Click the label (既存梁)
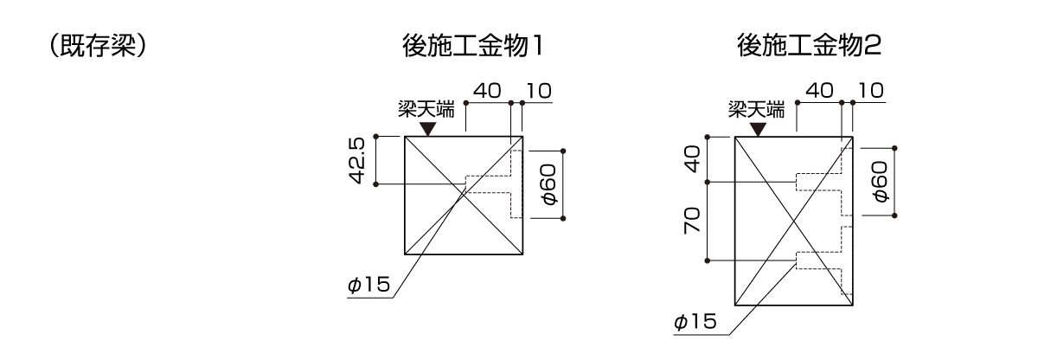click(x=98, y=46)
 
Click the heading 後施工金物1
click(x=472, y=46)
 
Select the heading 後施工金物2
click(x=809, y=46)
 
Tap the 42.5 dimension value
click(x=357, y=160)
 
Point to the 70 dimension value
click(x=692, y=221)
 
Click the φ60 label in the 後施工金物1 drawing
click(x=549, y=184)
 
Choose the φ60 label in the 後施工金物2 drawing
click(x=880, y=181)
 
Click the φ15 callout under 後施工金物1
click(x=368, y=285)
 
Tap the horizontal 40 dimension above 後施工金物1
click(x=487, y=91)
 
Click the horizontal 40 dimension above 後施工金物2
click(x=820, y=91)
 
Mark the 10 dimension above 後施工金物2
click(x=871, y=91)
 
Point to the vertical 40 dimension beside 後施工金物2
click(x=692, y=159)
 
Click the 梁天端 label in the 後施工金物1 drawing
click(x=426, y=110)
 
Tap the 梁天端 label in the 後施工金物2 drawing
click(x=757, y=110)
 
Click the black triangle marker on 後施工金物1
click(x=427, y=129)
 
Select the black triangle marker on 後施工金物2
click(x=758, y=129)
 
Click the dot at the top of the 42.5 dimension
click(x=375, y=137)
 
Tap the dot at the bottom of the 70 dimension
click(x=708, y=260)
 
